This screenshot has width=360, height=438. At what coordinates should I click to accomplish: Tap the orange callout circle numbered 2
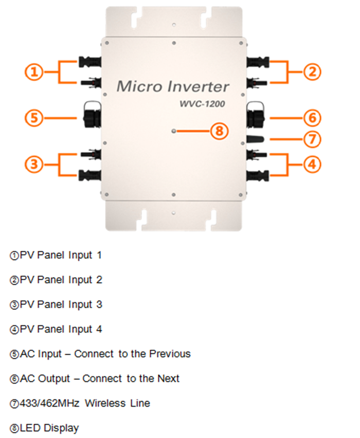pyautogui.click(x=312, y=71)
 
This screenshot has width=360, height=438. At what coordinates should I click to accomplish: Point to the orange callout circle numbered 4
pyautogui.click(x=312, y=165)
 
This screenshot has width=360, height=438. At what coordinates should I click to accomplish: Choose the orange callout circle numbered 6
pyautogui.click(x=312, y=118)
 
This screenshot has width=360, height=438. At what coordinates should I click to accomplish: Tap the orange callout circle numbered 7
pyautogui.click(x=312, y=139)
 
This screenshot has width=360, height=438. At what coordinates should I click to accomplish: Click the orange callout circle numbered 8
pyautogui.click(x=219, y=131)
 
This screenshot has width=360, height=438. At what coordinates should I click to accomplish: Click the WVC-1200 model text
pyautogui.click(x=202, y=103)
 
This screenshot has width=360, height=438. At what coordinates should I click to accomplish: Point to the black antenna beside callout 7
pyautogui.click(x=256, y=139)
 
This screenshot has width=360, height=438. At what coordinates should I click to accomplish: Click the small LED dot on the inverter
pyautogui.click(x=175, y=131)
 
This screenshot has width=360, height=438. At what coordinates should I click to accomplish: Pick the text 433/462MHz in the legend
pyautogui.click(x=50, y=403)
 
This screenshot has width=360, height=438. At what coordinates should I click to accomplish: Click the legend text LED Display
pyautogui.click(x=49, y=428)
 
